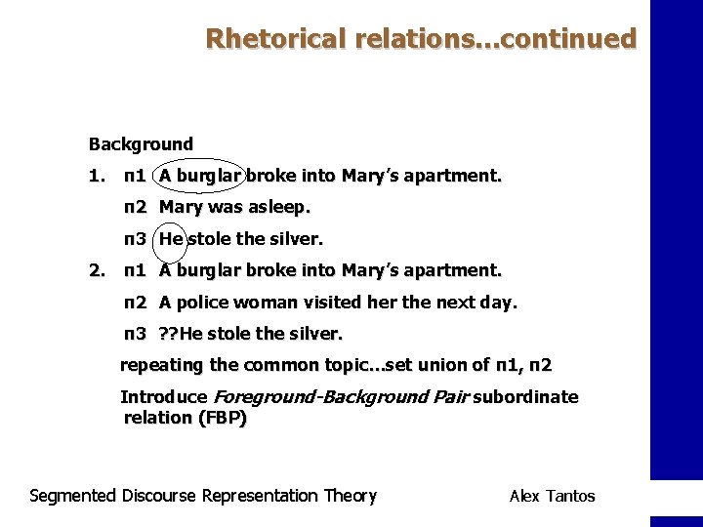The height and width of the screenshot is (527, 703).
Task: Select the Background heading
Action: click(x=141, y=144)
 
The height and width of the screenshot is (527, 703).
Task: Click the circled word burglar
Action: click(x=209, y=177)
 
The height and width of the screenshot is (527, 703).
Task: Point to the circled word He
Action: click(x=171, y=238)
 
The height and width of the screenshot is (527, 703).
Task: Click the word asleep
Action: click(x=279, y=207)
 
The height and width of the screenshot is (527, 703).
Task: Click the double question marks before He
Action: click(x=169, y=334)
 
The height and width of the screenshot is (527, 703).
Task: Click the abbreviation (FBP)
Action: click(x=222, y=418)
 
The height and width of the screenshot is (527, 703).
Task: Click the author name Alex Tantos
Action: click(x=552, y=496)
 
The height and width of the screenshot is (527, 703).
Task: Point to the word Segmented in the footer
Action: click(x=73, y=496)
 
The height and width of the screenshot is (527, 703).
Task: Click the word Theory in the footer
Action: click(x=350, y=496)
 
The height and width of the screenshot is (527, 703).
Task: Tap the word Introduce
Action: click(x=163, y=397)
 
